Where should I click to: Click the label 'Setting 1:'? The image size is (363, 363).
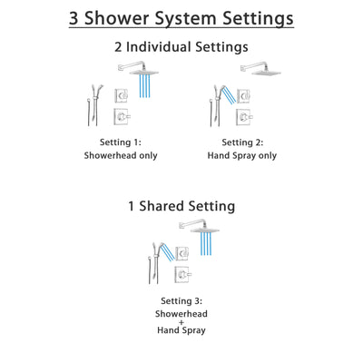click(120, 142)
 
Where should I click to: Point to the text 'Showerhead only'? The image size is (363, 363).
click(120, 155)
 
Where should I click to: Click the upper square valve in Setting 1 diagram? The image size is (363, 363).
click(121, 94)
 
